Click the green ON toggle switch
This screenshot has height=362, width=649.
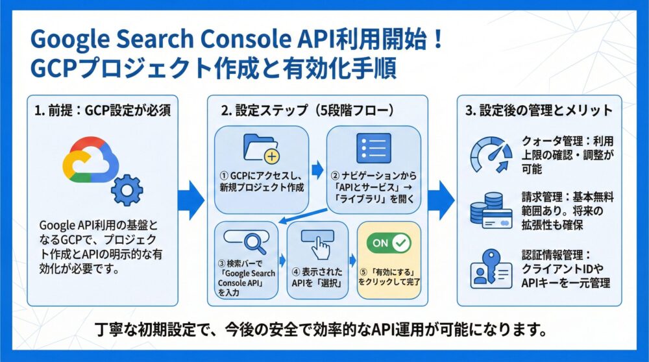coord(389,243)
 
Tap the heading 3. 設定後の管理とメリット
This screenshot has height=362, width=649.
coord(539,110)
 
